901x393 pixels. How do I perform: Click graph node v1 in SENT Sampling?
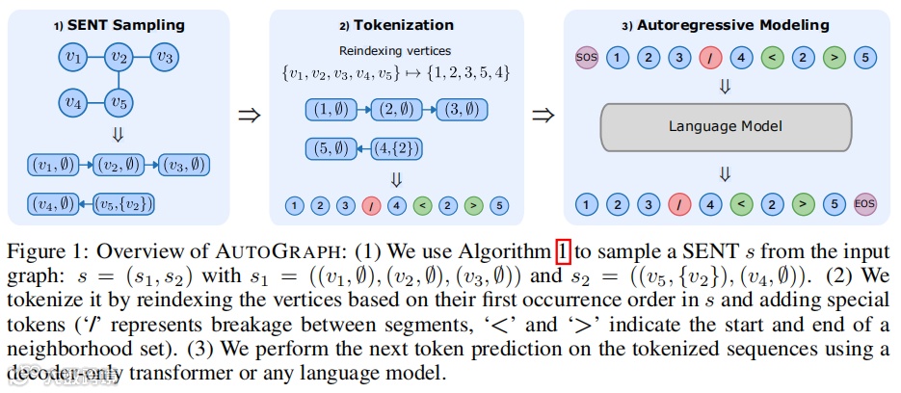coord(70,58)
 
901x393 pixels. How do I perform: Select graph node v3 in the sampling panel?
coord(165,58)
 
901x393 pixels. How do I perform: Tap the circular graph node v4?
coord(70,100)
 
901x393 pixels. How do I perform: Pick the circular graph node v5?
coord(118,100)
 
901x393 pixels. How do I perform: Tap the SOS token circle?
coord(586,57)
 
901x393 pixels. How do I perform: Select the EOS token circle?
coord(863,204)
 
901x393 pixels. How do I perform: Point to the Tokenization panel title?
coord(397,23)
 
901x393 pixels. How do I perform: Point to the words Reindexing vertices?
coord(396,51)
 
